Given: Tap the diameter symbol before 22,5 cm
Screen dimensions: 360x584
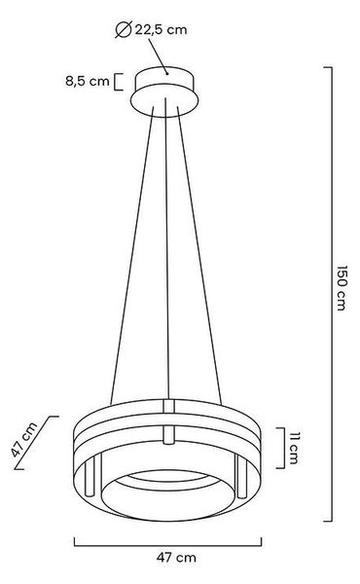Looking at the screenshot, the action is pyautogui.click(x=124, y=30).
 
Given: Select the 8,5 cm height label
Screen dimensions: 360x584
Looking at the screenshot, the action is pyautogui.click(x=88, y=81).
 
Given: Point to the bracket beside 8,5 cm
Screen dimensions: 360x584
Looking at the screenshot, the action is pyautogui.click(x=118, y=82).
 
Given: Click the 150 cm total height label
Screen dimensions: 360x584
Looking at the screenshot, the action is pyautogui.click(x=342, y=288).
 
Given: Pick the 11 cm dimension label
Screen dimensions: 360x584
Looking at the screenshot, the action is pyautogui.click(x=294, y=449).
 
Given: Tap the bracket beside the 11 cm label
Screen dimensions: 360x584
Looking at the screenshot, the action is pyautogui.click(x=281, y=448).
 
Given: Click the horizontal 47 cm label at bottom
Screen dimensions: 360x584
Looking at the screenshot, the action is pyautogui.click(x=176, y=558).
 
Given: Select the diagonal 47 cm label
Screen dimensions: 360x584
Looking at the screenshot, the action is pyautogui.click(x=24, y=440).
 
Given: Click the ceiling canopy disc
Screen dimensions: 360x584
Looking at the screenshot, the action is pyautogui.click(x=164, y=91).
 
